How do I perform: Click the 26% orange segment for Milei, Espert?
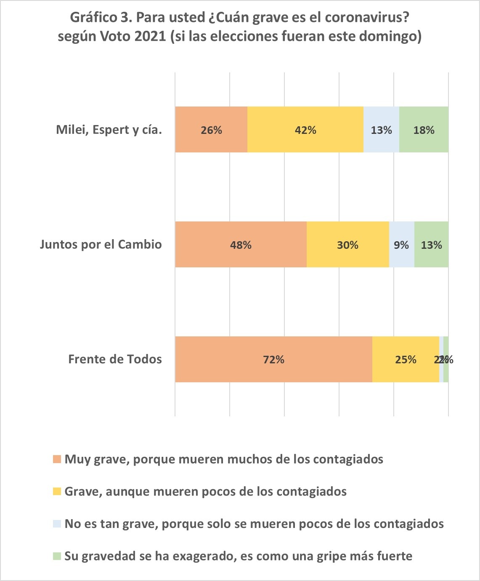coord(211,130)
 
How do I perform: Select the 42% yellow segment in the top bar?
coord(305,130)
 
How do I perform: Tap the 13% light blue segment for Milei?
coord(381,130)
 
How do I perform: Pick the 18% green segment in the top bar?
coord(424,130)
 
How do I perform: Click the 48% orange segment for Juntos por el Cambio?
coord(241,245)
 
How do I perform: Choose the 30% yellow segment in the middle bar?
coord(347,245)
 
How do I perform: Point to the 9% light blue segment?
coord(401,245)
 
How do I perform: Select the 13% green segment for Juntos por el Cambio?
coord(431,245)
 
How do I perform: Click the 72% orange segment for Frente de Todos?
coord(273,360)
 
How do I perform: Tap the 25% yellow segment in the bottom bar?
coord(406,360)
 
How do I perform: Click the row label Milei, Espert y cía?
coord(109,130)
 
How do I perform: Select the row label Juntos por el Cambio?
coord(101,245)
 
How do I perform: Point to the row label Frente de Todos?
coord(115,360)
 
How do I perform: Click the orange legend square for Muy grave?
coord(57,459)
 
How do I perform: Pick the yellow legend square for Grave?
coord(57,491)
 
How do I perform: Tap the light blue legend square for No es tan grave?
coord(57,524)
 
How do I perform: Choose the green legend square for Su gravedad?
coord(57,556)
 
